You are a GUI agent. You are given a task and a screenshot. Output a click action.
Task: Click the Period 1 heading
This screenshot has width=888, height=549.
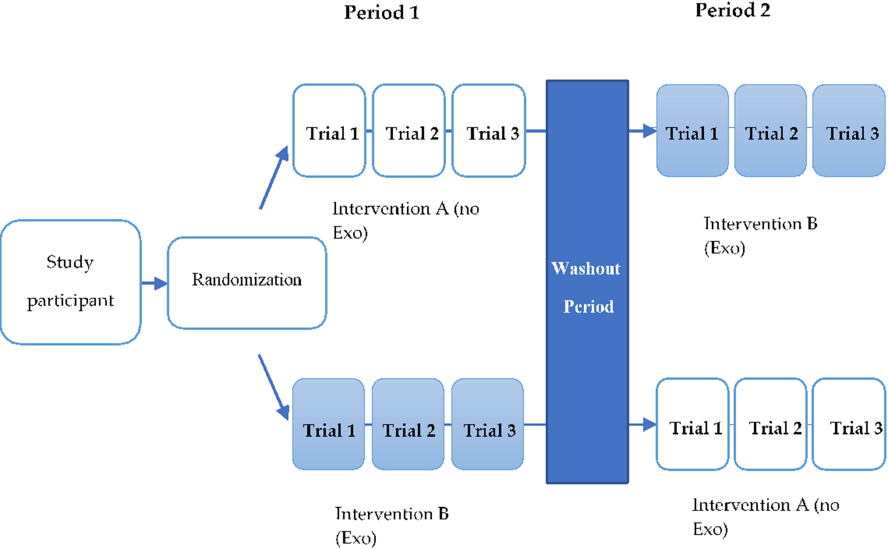(381, 12)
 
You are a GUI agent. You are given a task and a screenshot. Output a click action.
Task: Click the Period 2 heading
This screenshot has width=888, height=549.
(732, 10)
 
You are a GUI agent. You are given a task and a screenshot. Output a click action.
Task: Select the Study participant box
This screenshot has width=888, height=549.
(71, 282)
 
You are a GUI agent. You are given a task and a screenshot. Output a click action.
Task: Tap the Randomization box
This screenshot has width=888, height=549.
(247, 283)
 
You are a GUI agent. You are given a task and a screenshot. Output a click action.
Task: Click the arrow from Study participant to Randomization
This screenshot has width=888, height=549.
(154, 283)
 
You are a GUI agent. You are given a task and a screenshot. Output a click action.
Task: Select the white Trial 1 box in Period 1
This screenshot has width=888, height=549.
(329, 131)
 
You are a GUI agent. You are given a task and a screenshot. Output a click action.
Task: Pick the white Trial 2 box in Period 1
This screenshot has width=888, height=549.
(409, 131)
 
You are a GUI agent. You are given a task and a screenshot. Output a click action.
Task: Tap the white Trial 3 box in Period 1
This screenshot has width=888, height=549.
(489, 131)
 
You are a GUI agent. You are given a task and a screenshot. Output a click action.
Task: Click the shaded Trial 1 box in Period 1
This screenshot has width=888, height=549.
(329, 424)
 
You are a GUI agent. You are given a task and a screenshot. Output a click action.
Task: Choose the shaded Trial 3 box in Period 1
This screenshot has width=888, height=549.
(487, 424)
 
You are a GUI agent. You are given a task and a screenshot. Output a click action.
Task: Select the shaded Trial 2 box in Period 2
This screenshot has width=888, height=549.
(770, 131)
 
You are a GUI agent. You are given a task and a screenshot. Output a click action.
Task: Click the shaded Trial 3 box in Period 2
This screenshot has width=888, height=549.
(849, 131)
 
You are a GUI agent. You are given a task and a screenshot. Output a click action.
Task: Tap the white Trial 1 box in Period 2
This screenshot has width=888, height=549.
(692, 424)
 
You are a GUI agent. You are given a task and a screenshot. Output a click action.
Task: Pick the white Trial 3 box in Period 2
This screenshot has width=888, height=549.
(849, 424)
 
